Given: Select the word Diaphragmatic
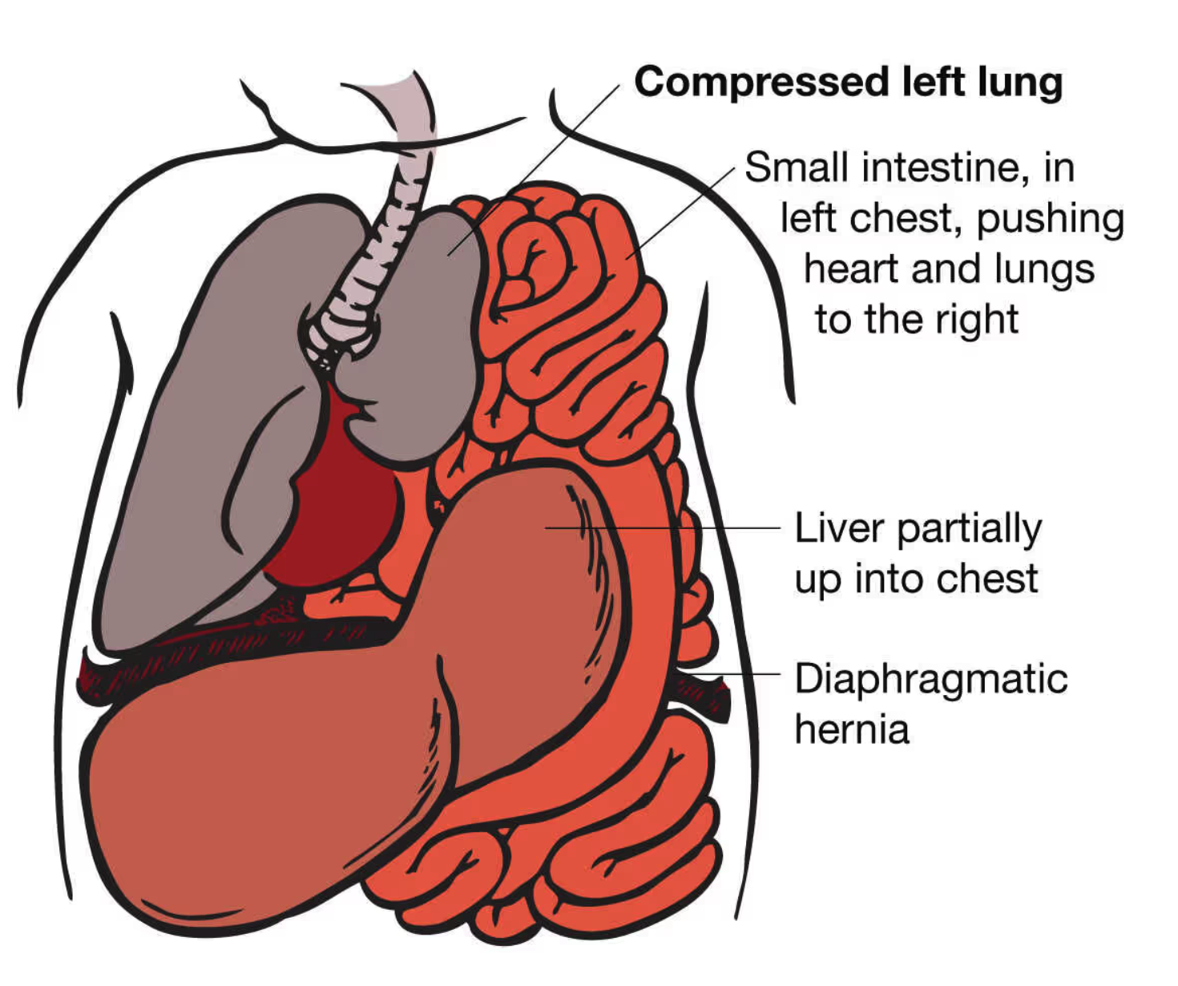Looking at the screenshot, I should [x=930, y=679].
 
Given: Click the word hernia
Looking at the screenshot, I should [x=852, y=729].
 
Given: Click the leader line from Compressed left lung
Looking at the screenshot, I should [x=553, y=152].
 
